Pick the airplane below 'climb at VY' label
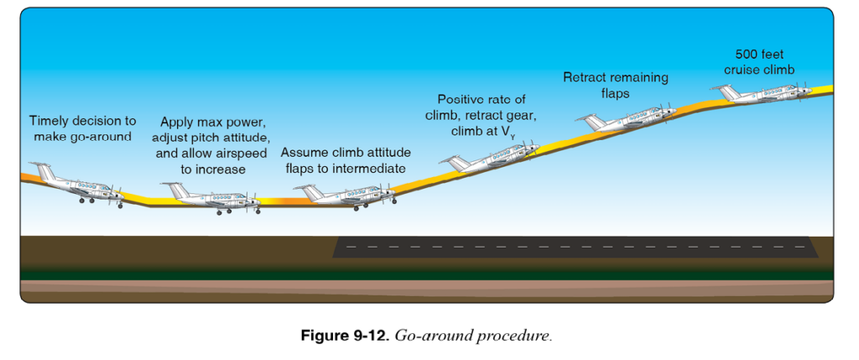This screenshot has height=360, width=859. point(490,157)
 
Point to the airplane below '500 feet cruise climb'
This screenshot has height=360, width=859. point(762,94)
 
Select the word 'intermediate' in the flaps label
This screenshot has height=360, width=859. point(374,168)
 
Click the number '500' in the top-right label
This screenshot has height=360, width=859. point(746,55)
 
